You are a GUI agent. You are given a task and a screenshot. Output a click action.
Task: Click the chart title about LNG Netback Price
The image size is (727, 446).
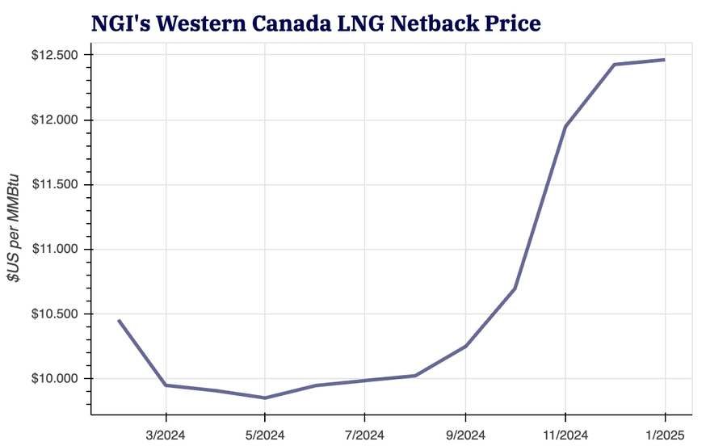coord(316,23)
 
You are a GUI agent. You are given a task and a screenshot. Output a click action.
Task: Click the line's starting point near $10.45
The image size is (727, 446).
coord(119,320)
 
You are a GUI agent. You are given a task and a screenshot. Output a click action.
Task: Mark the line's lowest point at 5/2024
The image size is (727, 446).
coord(265,398)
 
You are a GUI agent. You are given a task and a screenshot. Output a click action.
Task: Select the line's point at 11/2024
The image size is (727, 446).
coord(565,127)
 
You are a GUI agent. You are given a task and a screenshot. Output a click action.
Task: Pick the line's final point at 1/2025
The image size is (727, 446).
coord(665,60)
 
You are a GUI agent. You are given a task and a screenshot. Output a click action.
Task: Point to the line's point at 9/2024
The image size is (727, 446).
coord(465,346)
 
